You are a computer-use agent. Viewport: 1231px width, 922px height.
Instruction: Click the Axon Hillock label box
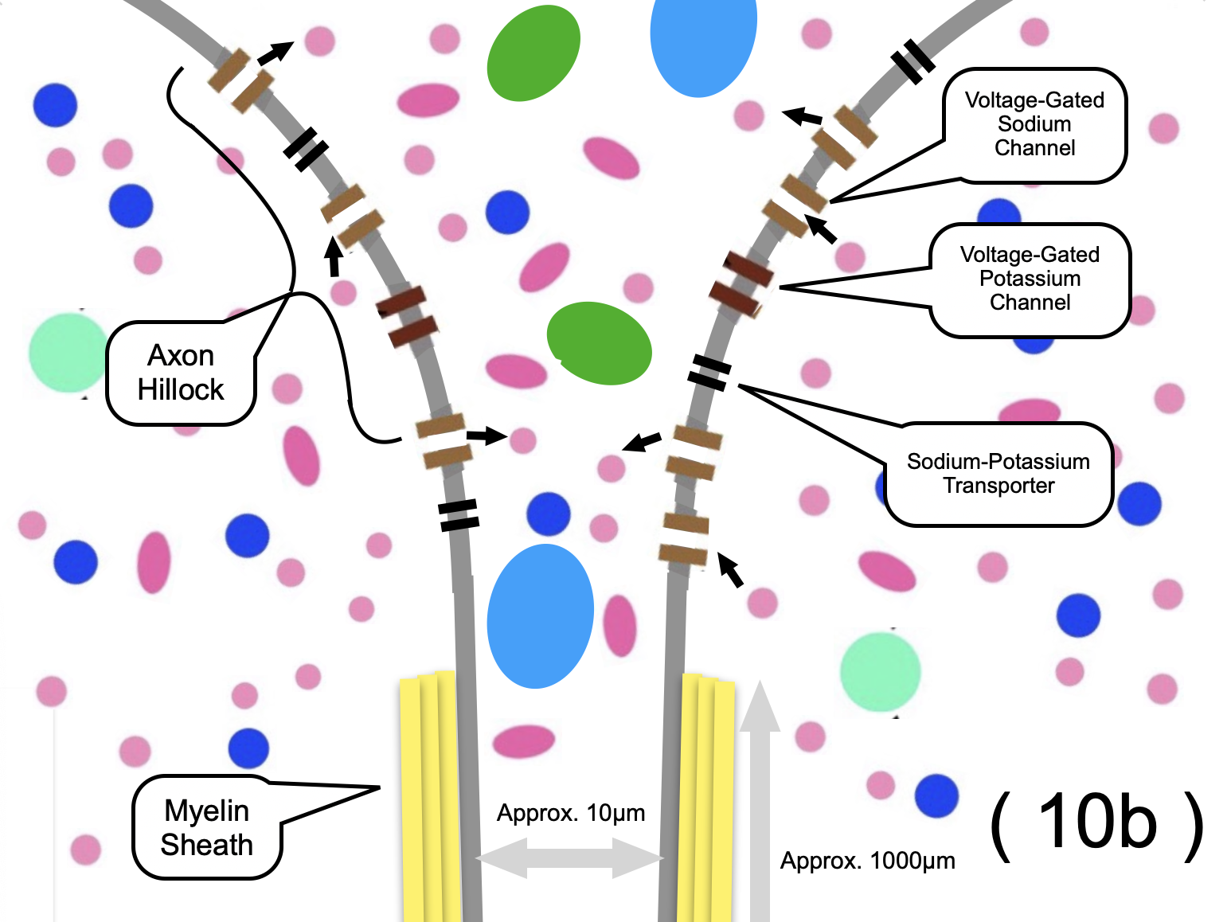click(x=181, y=373)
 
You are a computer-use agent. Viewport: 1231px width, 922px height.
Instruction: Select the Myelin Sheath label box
click(x=207, y=827)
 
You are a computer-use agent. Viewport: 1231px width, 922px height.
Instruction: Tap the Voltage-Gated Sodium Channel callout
click(x=1034, y=124)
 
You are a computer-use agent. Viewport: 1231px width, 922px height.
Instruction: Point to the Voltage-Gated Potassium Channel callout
click(x=1030, y=279)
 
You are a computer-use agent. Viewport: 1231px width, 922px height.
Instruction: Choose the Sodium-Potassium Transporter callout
click(x=998, y=474)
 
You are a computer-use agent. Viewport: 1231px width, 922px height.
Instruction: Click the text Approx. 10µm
click(x=571, y=813)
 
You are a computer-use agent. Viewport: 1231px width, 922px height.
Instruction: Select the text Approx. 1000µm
click(x=867, y=861)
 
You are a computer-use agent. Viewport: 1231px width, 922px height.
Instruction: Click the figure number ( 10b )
click(x=1096, y=824)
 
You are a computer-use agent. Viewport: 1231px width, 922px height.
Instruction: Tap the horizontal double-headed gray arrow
click(x=570, y=858)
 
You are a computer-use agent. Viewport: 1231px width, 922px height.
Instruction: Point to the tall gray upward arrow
click(x=760, y=796)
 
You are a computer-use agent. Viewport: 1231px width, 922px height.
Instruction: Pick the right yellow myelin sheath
click(x=707, y=796)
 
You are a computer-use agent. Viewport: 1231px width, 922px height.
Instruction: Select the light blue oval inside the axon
click(x=540, y=615)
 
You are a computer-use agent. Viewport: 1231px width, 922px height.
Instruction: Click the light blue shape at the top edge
click(x=702, y=40)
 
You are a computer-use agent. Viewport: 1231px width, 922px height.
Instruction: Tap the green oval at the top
click(x=533, y=54)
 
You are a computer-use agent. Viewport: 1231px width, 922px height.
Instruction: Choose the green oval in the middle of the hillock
click(x=600, y=343)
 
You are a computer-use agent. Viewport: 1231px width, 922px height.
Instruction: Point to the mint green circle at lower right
click(x=880, y=671)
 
